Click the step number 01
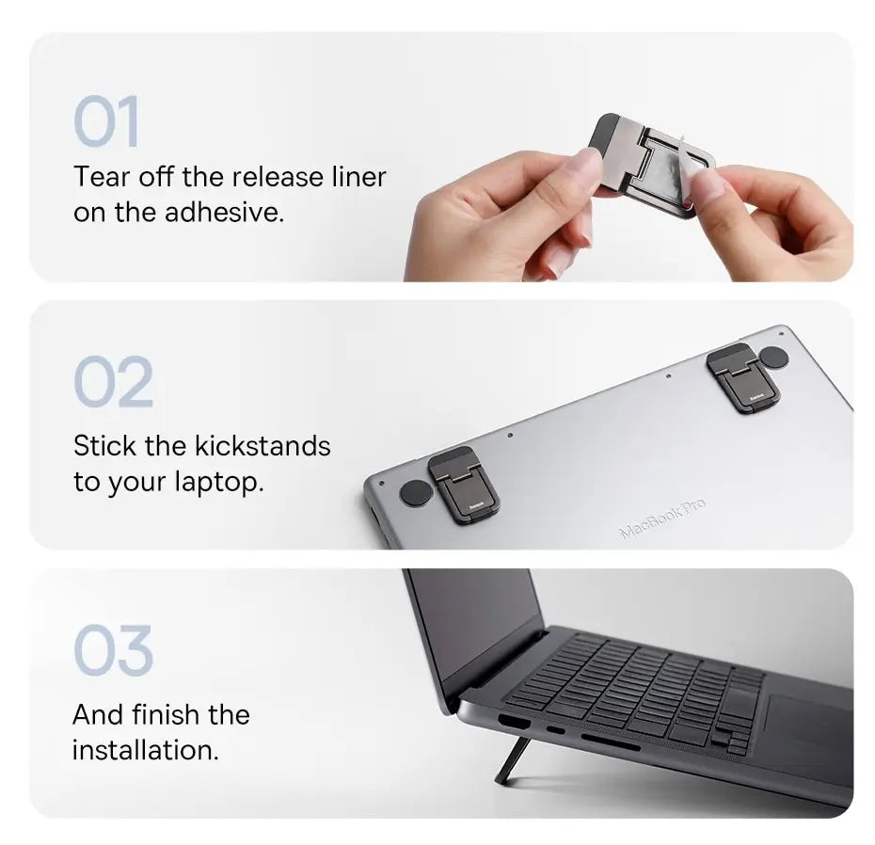coord(106,122)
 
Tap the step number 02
coord(113,382)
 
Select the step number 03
coord(113,650)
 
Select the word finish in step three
coord(164,714)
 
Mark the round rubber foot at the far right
coord(773,357)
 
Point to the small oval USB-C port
coord(556,730)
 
